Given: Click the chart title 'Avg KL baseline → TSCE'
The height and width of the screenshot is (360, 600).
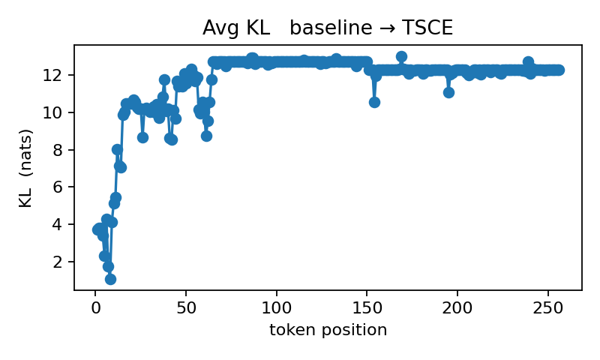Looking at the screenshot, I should point(328,28).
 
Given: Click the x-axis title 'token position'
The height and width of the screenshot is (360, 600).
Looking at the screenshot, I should point(328,330).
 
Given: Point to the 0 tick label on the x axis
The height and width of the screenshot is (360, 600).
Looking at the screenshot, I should point(95,307).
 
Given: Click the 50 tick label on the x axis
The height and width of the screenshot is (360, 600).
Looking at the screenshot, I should point(186,307).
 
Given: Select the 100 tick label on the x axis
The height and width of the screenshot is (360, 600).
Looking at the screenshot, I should point(277,307).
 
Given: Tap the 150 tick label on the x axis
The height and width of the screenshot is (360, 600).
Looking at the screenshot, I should point(367,307).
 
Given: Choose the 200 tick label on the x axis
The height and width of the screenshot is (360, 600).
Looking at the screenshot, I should point(457,307).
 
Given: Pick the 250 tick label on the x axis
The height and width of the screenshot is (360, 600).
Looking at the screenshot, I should point(548,307).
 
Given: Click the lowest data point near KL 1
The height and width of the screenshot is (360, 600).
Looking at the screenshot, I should point(110,279).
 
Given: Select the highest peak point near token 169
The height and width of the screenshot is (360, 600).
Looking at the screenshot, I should point(401,56).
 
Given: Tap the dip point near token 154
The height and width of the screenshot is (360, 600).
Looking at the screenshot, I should point(374,102).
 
